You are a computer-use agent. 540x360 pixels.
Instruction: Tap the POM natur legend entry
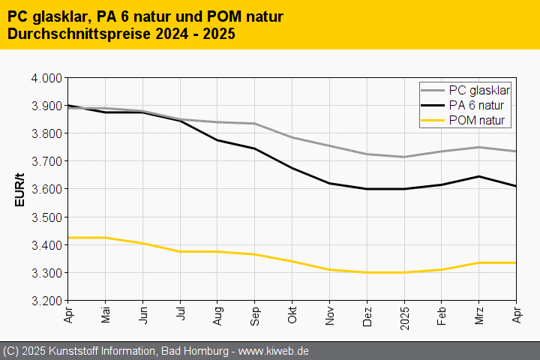[476, 120]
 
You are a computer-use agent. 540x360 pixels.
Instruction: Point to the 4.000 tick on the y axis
[46, 78]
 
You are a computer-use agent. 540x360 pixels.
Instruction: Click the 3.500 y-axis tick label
[46, 217]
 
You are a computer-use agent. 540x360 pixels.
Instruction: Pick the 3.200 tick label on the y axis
[46, 301]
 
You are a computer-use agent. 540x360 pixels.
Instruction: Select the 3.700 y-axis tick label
[46, 161]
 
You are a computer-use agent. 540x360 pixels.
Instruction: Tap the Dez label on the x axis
[367, 315]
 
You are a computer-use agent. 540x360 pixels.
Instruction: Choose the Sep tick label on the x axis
[256, 315]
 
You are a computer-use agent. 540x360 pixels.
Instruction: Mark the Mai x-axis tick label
[106, 314]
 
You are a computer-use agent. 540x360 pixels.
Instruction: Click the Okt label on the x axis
[293, 314]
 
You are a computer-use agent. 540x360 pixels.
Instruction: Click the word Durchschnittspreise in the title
[73, 34]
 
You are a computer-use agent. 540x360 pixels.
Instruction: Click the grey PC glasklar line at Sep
[255, 124]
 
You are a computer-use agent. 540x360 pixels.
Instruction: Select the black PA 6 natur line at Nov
[330, 183]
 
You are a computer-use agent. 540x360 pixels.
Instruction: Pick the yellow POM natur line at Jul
[181, 251]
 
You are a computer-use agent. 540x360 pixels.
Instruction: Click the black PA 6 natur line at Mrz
[479, 176]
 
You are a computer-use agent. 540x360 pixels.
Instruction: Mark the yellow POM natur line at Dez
[367, 272]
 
